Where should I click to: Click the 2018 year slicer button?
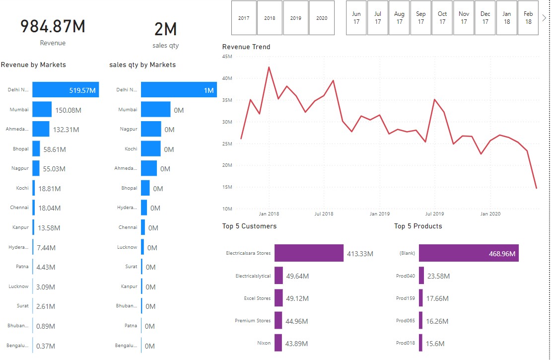click(270, 18)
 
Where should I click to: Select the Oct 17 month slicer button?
click(442, 18)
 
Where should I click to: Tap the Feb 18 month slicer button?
click(528, 18)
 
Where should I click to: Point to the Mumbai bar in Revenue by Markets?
click(42, 109)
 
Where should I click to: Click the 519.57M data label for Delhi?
click(83, 90)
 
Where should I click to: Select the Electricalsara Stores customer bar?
click(309, 253)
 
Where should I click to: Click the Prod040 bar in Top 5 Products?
click(421, 276)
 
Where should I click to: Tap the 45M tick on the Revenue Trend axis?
click(227, 57)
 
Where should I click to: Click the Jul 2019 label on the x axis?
click(435, 214)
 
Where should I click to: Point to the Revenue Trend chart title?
click(246, 47)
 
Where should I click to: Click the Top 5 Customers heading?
click(249, 226)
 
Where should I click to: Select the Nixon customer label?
click(264, 343)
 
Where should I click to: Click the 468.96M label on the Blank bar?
click(502, 254)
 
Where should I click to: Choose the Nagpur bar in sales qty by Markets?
click(151, 129)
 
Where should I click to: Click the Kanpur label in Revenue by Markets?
click(20, 227)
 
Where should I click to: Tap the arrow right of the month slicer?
click(544, 18)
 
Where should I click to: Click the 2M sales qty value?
click(166, 30)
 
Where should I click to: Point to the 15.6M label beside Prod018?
click(435, 344)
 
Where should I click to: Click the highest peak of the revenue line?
click(269, 67)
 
